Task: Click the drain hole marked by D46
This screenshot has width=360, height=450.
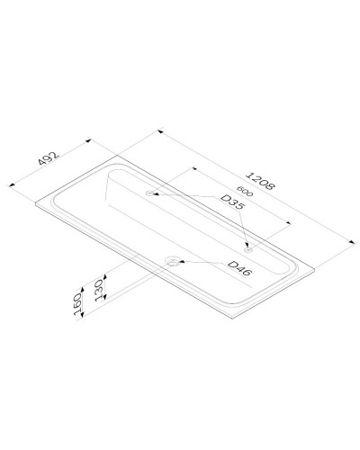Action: click(x=171, y=262)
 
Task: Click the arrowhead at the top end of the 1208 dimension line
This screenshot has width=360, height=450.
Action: click(x=159, y=132)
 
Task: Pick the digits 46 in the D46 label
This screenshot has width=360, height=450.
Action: click(x=242, y=270)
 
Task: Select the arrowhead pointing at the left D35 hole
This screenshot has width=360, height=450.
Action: click(x=154, y=193)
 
